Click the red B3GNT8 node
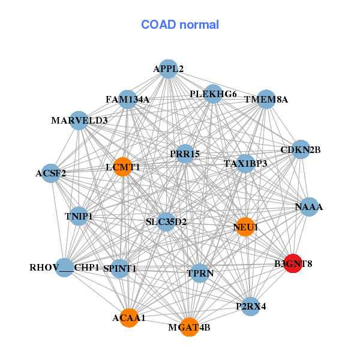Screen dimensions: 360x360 click(293, 263)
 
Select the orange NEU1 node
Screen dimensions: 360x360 click(245, 227)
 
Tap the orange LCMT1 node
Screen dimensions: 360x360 click(123, 167)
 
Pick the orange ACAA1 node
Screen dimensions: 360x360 click(129, 318)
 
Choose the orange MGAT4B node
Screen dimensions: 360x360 click(189, 327)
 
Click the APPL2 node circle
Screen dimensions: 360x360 click(168, 69)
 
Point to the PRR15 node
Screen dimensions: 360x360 click(185, 154)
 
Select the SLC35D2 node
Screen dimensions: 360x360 click(166, 222)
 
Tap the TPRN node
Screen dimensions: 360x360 click(200, 273)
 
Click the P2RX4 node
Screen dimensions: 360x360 click(250, 307)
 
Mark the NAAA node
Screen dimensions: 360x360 click(309, 207)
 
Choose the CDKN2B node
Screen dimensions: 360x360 click(301, 149)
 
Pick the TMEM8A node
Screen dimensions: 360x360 click(266, 99)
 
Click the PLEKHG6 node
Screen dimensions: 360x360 click(213, 94)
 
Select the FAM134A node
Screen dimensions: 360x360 click(127, 100)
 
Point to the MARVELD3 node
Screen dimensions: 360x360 click(79, 121)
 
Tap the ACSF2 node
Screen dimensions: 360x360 click(51, 173)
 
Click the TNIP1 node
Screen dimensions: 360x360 click(79, 216)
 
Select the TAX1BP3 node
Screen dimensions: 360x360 click(245, 164)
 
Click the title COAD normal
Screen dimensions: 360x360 click(180, 25)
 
